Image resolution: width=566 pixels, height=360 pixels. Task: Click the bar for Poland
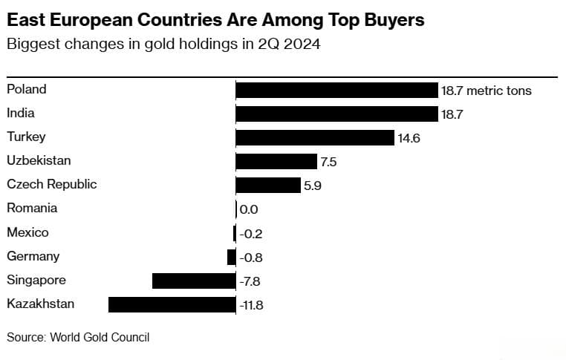pyautogui.click(x=336, y=90)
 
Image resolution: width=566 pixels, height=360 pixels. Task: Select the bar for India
pyautogui.click(x=336, y=114)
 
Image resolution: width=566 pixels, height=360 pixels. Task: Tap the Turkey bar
pyautogui.click(x=315, y=137)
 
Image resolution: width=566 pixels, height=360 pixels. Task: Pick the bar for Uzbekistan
pyautogui.click(x=276, y=161)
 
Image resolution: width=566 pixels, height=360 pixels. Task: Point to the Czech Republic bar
pyautogui.click(x=268, y=185)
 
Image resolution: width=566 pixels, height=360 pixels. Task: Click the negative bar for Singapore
pyautogui.click(x=194, y=281)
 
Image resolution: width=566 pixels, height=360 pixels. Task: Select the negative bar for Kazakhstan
pyautogui.click(x=172, y=304)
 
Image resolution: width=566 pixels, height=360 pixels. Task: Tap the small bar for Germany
pyautogui.click(x=231, y=257)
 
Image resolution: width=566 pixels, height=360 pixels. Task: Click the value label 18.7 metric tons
pyautogui.click(x=487, y=91)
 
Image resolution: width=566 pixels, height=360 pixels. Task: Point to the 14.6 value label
pyautogui.click(x=409, y=138)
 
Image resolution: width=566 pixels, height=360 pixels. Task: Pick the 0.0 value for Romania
pyautogui.click(x=249, y=210)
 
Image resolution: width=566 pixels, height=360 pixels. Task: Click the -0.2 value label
pyautogui.click(x=251, y=234)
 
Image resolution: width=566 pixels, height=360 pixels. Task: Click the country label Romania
pyautogui.click(x=32, y=209)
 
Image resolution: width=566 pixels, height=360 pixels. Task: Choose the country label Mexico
pyautogui.click(x=27, y=232)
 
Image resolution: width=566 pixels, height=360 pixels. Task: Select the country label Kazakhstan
pyautogui.click(x=41, y=304)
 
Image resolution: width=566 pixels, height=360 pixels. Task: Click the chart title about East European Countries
pyautogui.click(x=215, y=20)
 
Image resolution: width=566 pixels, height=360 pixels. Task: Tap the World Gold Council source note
pyautogui.click(x=78, y=337)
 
